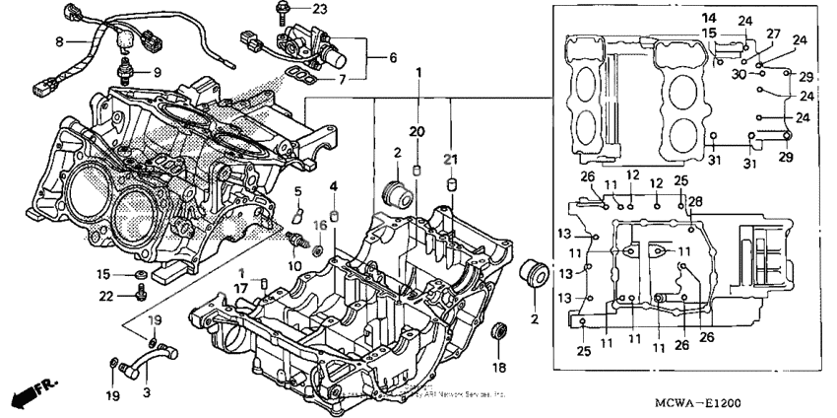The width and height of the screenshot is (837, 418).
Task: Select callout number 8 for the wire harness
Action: pos(59,41)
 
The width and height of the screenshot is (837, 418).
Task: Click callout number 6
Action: pos(393,58)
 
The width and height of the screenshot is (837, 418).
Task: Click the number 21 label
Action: pos(452,160)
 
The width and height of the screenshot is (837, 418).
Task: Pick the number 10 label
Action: pos(295,266)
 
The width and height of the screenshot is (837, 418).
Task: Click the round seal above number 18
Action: pos(499,329)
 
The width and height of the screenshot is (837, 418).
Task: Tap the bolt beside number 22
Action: pos(144,292)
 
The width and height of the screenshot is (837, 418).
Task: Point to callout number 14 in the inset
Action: pos(709,19)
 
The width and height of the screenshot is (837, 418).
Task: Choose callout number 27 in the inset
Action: pos(774,34)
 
